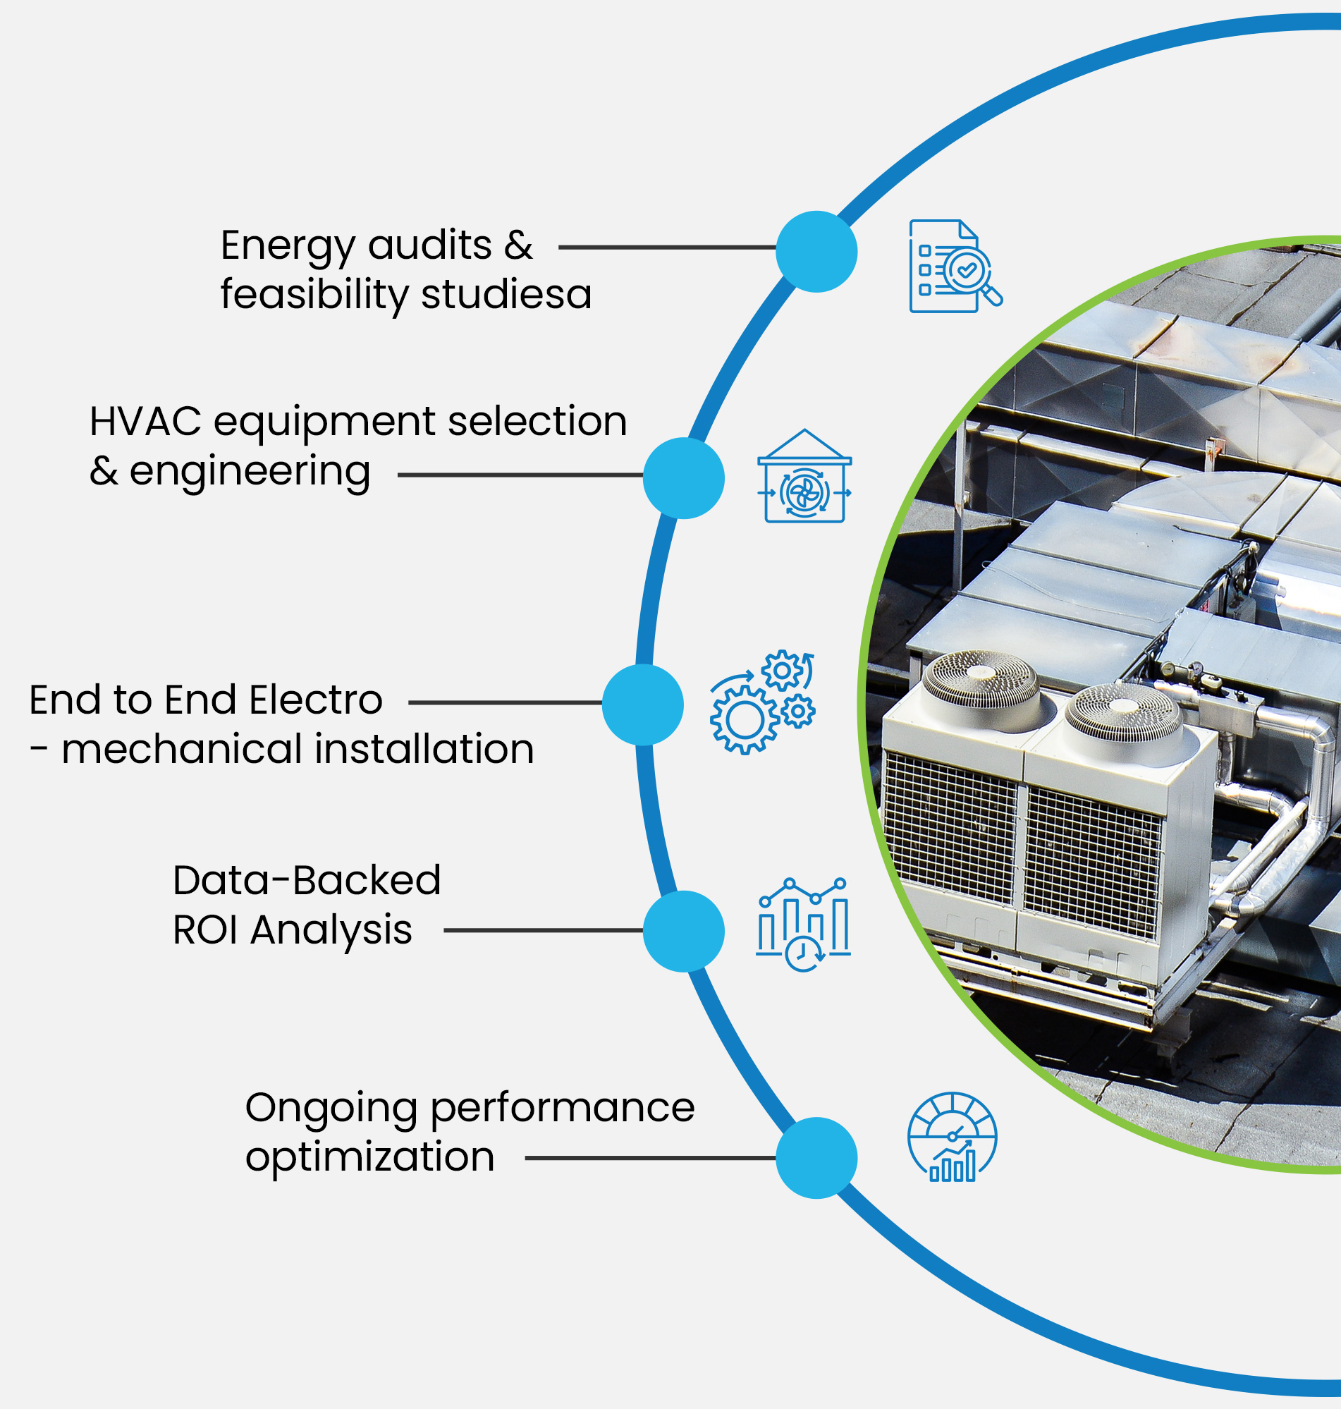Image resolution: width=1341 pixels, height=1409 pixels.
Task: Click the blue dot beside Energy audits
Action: tap(816, 252)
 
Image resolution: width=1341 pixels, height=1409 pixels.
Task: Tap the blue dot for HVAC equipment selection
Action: tap(683, 478)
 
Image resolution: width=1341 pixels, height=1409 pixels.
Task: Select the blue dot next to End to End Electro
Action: tap(642, 705)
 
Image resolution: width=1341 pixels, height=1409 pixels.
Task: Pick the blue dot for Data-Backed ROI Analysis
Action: tap(683, 932)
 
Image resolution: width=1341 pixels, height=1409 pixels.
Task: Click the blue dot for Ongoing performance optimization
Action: tap(816, 1158)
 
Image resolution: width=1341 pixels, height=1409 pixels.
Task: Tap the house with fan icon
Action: tap(804, 477)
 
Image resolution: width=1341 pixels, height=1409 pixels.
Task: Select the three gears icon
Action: tap(762, 702)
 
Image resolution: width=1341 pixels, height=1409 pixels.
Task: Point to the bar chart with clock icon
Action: tap(804, 925)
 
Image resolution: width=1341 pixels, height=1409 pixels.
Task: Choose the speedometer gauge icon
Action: tap(952, 1137)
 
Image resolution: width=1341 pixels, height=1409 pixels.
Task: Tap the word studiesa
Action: tap(506, 295)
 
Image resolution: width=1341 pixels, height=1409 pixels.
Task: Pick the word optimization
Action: tap(369, 1157)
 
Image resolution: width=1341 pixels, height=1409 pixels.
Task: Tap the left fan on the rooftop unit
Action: tap(980, 679)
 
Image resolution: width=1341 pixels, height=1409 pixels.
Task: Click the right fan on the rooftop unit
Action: tap(1123, 712)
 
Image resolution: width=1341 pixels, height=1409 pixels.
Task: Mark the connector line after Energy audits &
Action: tap(667, 248)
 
